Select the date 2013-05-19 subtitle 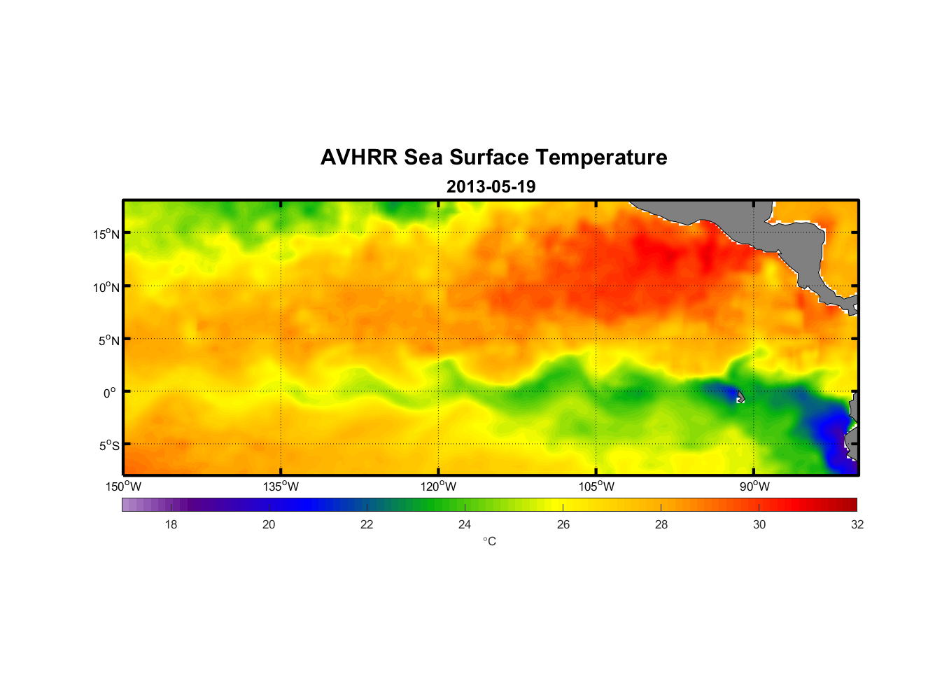pos(491,187)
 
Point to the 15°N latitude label pos(106,234)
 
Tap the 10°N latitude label pos(106,287)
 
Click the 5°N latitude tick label pos(108,340)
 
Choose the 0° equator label pos(110,393)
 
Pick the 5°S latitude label pos(108,446)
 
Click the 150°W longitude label pos(124,486)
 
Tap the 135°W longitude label pos(281,486)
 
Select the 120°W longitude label pos(439,486)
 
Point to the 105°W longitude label pos(596,486)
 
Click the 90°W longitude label pos(754,486)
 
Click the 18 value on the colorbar pos(171,524)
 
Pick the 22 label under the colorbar pos(367,524)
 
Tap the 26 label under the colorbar pos(563,524)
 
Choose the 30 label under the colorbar pos(759,524)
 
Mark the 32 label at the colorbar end pos(857,524)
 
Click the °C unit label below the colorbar pos(489,541)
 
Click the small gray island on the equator pos(740,397)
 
